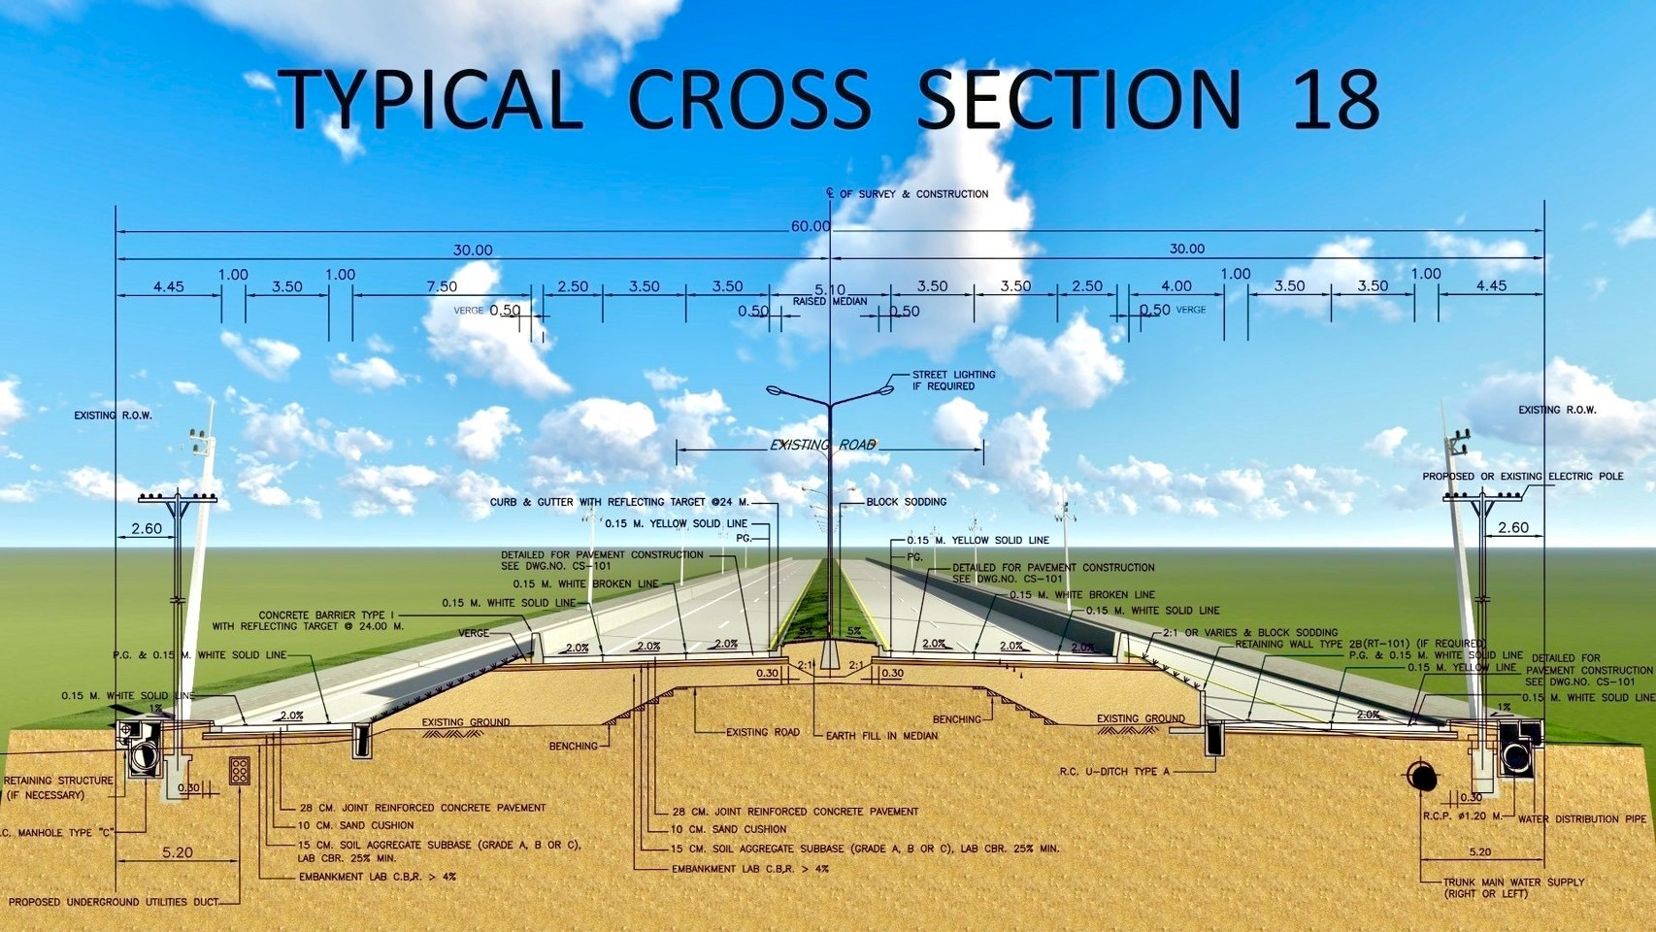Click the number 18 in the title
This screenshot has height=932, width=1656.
pos(1336,99)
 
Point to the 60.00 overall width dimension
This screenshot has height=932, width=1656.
pos(811,226)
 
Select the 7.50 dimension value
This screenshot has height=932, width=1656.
pos(442,286)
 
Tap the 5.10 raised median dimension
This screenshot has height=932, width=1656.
pos(830,289)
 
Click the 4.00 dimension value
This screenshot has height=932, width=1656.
pos(1176,285)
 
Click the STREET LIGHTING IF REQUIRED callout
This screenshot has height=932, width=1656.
pos(953,380)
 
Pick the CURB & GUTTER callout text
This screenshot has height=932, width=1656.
pos(619,502)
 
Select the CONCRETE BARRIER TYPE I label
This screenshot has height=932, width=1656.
pos(327,616)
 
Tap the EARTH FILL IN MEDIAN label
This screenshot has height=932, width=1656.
pos(881,736)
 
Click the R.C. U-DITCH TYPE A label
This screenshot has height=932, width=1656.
pos(1114,772)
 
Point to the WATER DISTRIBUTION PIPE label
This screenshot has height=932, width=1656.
pos(1582,819)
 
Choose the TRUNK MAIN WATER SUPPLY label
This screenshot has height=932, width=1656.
pos(1513,882)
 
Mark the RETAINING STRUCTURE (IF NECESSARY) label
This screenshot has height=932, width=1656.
pos(58,787)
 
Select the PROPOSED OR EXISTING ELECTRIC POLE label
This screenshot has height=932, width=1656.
pos(1522,477)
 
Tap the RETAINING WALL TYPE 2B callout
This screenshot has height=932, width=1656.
pos(1359,644)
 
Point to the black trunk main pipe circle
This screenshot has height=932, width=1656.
pos(1423,775)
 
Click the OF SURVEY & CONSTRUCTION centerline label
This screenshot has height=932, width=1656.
pos(912,194)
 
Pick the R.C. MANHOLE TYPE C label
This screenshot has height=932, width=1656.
pos(58,832)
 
